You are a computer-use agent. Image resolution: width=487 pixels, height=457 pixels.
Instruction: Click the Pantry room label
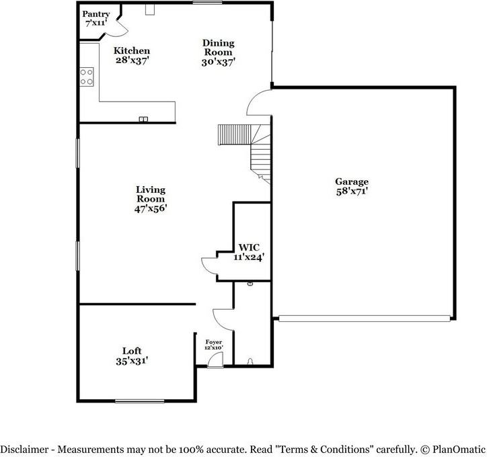[96, 14]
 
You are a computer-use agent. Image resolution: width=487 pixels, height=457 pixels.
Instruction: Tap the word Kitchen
[131, 51]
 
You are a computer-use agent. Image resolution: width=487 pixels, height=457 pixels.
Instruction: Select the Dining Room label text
[218, 47]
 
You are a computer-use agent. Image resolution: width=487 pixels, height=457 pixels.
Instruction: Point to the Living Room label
[150, 194]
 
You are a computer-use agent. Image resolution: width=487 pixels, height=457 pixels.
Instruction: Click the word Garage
[352, 181]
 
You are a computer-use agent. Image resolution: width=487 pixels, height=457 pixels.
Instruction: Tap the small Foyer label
[213, 342]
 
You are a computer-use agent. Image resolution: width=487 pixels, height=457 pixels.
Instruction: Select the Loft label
[132, 351]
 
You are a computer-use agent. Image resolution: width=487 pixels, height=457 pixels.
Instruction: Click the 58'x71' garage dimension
[352, 192]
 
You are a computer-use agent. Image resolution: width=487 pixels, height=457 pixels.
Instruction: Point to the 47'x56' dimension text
[150, 209]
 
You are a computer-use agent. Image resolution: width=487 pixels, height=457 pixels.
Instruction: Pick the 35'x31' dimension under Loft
[132, 361]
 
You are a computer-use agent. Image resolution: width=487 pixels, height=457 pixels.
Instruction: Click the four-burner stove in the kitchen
[86, 77]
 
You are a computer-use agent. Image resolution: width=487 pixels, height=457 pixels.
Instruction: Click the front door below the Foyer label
[215, 362]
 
